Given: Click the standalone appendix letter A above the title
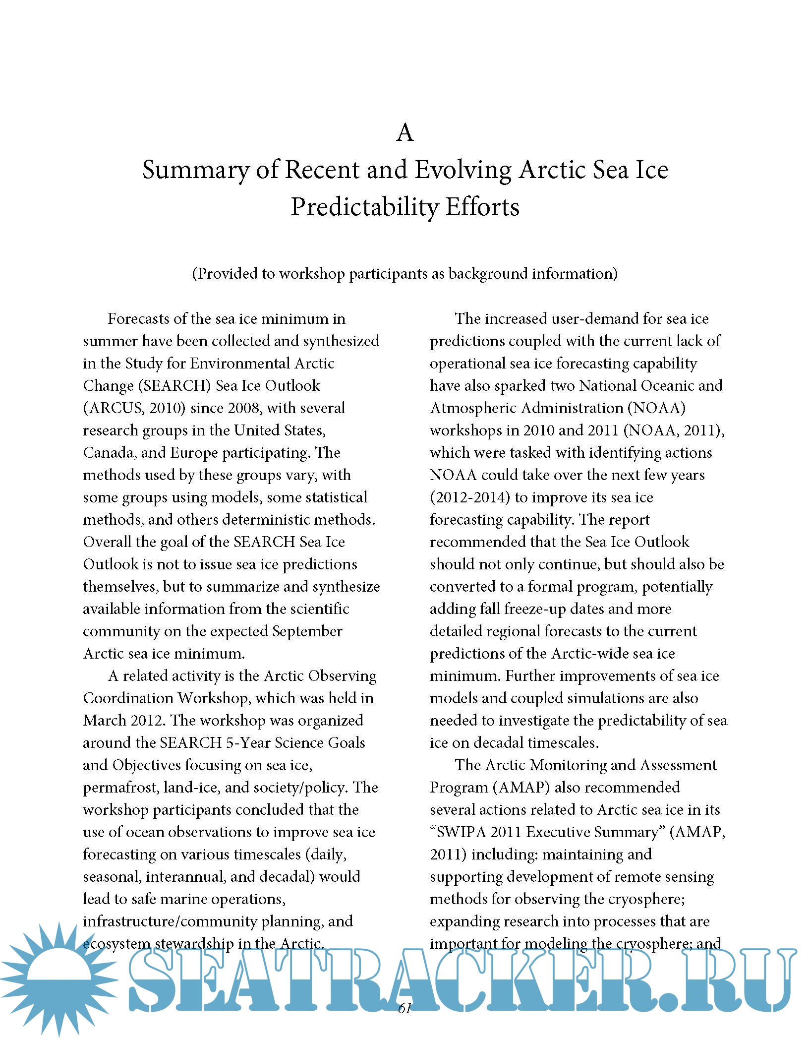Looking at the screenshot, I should pos(405,132).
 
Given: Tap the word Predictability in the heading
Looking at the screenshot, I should pos(364,207).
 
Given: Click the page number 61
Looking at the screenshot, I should pos(405,1008).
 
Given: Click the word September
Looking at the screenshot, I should pos(307,631).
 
